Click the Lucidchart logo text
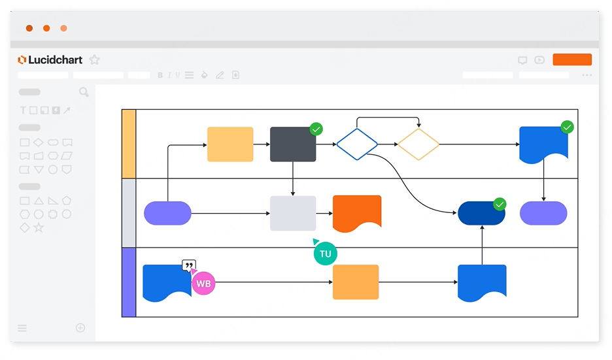pos(55,59)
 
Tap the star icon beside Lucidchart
pos(94,59)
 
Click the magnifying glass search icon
pos(84,92)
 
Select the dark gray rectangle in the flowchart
pos(293,144)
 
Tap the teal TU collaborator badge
pos(325,254)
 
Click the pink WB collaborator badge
pos(203,283)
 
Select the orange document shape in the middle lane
pos(357,212)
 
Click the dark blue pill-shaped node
pos(481,214)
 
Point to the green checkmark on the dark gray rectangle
pos(316,129)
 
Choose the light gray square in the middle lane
pos(293,214)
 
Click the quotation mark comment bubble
pos(189,266)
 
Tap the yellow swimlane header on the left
pos(129,144)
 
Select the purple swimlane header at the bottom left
pos(129,282)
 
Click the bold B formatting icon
pos(160,75)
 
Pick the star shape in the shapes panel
pos(39,227)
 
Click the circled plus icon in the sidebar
pos(80,327)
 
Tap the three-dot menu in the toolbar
pos(587,75)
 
